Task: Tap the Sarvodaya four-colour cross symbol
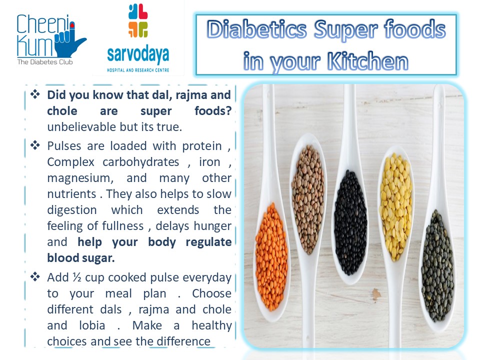click(138, 20)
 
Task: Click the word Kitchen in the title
click(367, 61)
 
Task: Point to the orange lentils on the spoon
click(271, 256)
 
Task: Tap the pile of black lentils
click(350, 222)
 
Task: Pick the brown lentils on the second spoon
click(307, 199)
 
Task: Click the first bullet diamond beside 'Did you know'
click(35, 94)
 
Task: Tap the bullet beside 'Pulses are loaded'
click(35, 145)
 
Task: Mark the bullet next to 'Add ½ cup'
click(35, 276)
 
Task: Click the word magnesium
click(80, 178)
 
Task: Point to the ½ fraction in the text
click(77, 277)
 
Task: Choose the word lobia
click(92, 325)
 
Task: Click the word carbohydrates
click(141, 162)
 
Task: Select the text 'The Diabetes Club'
click(45, 62)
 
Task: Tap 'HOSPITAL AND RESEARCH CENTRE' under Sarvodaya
click(138, 70)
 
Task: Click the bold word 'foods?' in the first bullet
click(213, 111)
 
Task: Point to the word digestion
click(72, 210)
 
